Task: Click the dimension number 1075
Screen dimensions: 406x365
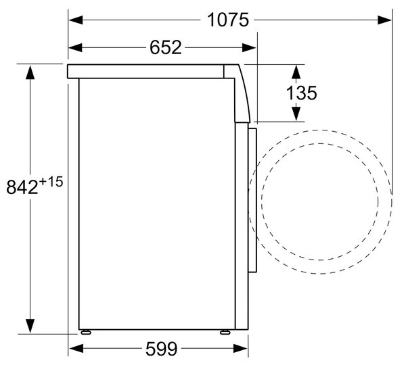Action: (x=228, y=20)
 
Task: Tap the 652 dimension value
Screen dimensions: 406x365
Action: (x=166, y=47)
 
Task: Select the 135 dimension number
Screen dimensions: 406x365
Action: (x=301, y=93)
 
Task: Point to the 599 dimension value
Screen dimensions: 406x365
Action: (x=162, y=349)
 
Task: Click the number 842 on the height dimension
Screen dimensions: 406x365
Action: (x=22, y=187)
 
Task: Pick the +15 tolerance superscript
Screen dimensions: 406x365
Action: (x=51, y=182)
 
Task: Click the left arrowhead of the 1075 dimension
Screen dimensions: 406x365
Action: (x=76, y=20)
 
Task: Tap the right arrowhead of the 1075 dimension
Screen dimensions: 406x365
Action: (x=384, y=20)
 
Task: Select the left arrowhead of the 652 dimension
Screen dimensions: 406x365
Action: (x=75, y=47)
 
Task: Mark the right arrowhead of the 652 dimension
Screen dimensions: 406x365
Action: (x=249, y=47)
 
